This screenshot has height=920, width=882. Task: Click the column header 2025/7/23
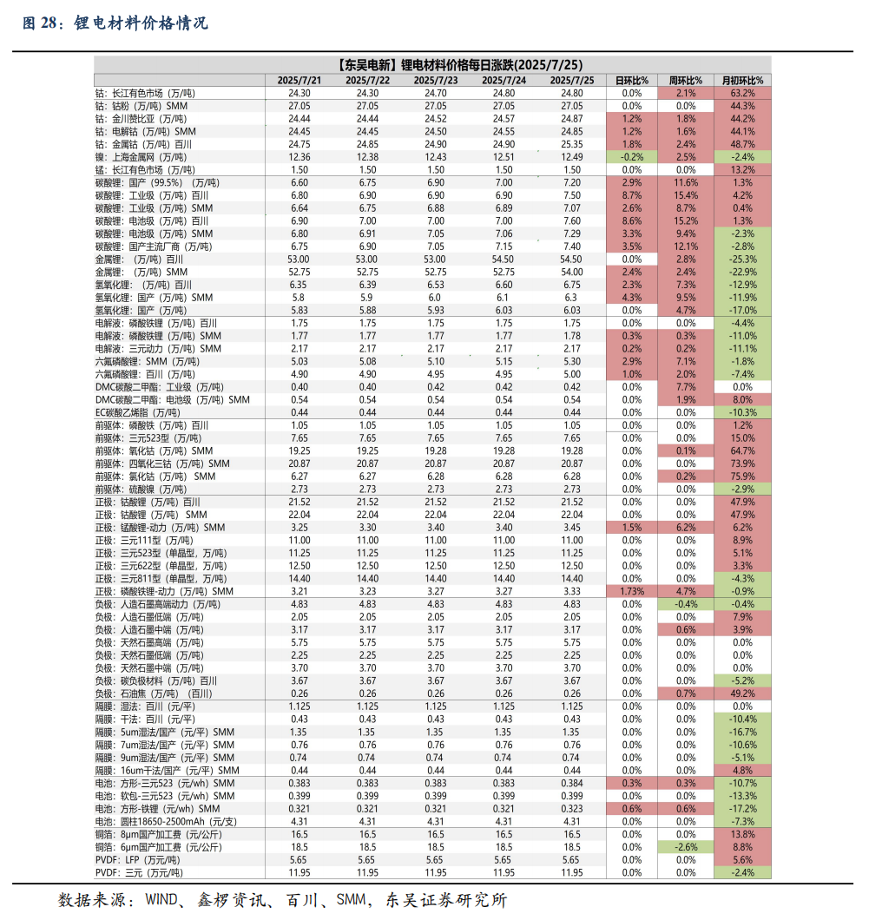click(x=436, y=81)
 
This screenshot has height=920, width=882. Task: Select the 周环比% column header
click(x=686, y=81)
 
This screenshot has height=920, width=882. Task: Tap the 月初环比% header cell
click(x=742, y=81)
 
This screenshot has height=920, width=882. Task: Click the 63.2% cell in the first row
click(x=742, y=93)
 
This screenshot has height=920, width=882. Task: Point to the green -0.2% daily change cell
click(x=631, y=157)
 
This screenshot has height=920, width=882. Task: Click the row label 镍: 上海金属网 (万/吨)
click(x=141, y=157)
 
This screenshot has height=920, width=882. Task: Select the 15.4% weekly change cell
click(x=686, y=195)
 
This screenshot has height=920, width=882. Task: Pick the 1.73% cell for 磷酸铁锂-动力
click(x=631, y=591)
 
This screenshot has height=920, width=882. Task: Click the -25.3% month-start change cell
click(x=742, y=260)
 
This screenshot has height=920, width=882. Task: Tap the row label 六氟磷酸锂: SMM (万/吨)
click(x=148, y=361)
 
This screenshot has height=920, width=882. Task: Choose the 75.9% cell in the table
click(x=742, y=476)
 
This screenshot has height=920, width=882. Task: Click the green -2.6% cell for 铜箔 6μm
click(x=686, y=847)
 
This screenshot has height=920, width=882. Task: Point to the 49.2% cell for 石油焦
click(x=742, y=693)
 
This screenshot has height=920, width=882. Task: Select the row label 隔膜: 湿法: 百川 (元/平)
click(x=145, y=706)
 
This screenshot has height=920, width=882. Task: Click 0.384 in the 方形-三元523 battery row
click(x=571, y=783)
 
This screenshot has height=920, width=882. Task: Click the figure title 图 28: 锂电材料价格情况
click(x=115, y=23)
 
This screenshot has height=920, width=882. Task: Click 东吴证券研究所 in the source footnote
click(x=446, y=900)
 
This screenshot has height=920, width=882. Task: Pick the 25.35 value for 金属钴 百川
click(x=571, y=144)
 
